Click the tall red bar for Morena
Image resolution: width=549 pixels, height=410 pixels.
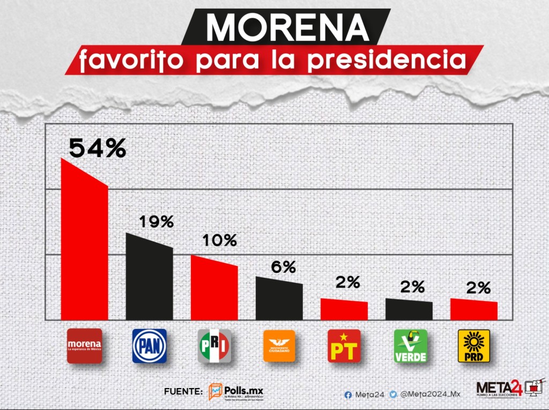[84, 247]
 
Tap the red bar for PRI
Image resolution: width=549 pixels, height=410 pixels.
[214, 290]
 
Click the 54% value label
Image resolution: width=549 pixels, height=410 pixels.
[97, 149]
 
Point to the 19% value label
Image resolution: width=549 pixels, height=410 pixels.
[156, 222]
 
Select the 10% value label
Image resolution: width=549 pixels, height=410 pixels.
[219, 241]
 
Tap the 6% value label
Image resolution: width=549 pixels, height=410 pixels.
[283, 267]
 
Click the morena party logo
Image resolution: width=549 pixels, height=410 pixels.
[84, 346]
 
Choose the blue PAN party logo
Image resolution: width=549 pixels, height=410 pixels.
[149, 346]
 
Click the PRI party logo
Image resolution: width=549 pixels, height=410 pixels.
[214, 346]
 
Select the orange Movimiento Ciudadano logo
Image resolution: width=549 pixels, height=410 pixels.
[279, 346]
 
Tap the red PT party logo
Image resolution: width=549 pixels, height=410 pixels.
[344, 346]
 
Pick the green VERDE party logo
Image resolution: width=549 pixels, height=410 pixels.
[411, 346]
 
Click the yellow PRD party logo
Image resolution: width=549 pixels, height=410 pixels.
[473, 346]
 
